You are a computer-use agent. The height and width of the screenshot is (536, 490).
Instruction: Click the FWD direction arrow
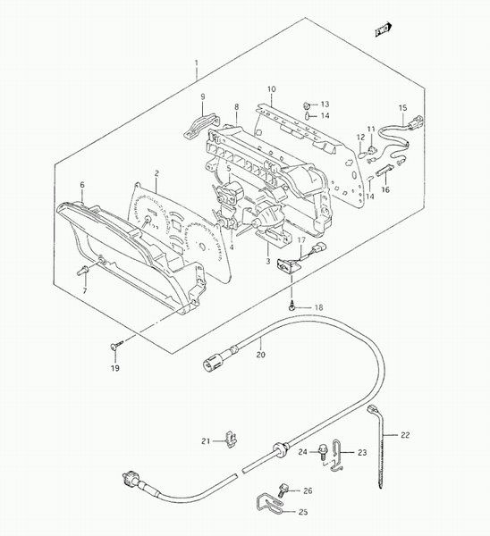point(384,29)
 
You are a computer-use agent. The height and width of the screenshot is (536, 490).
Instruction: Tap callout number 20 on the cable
point(261,355)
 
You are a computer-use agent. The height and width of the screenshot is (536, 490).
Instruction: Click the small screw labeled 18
point(291,306)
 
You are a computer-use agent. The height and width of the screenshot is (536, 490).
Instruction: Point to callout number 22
point(405,435)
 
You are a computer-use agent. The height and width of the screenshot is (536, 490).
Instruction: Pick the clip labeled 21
point(232,439)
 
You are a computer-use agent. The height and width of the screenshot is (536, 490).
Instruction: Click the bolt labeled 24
point(322,451)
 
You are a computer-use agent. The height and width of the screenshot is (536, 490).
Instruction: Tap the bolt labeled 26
point(283,490)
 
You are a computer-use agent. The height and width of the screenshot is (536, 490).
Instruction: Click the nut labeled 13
point(308,105)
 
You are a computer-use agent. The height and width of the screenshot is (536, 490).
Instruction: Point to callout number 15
point(402,108)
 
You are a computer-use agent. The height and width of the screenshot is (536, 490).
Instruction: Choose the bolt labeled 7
point(82,270)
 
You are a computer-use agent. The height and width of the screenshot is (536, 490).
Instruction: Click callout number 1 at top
point(197,63)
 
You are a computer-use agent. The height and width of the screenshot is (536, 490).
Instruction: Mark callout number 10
point(271,89)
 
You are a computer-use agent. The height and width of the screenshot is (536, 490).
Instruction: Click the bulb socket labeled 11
point(370,148)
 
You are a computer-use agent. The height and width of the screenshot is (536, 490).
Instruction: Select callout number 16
point(385,189)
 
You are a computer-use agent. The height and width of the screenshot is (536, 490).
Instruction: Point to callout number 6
point(82,185)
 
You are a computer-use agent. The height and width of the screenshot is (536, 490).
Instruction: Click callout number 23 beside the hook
point(362,453)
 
